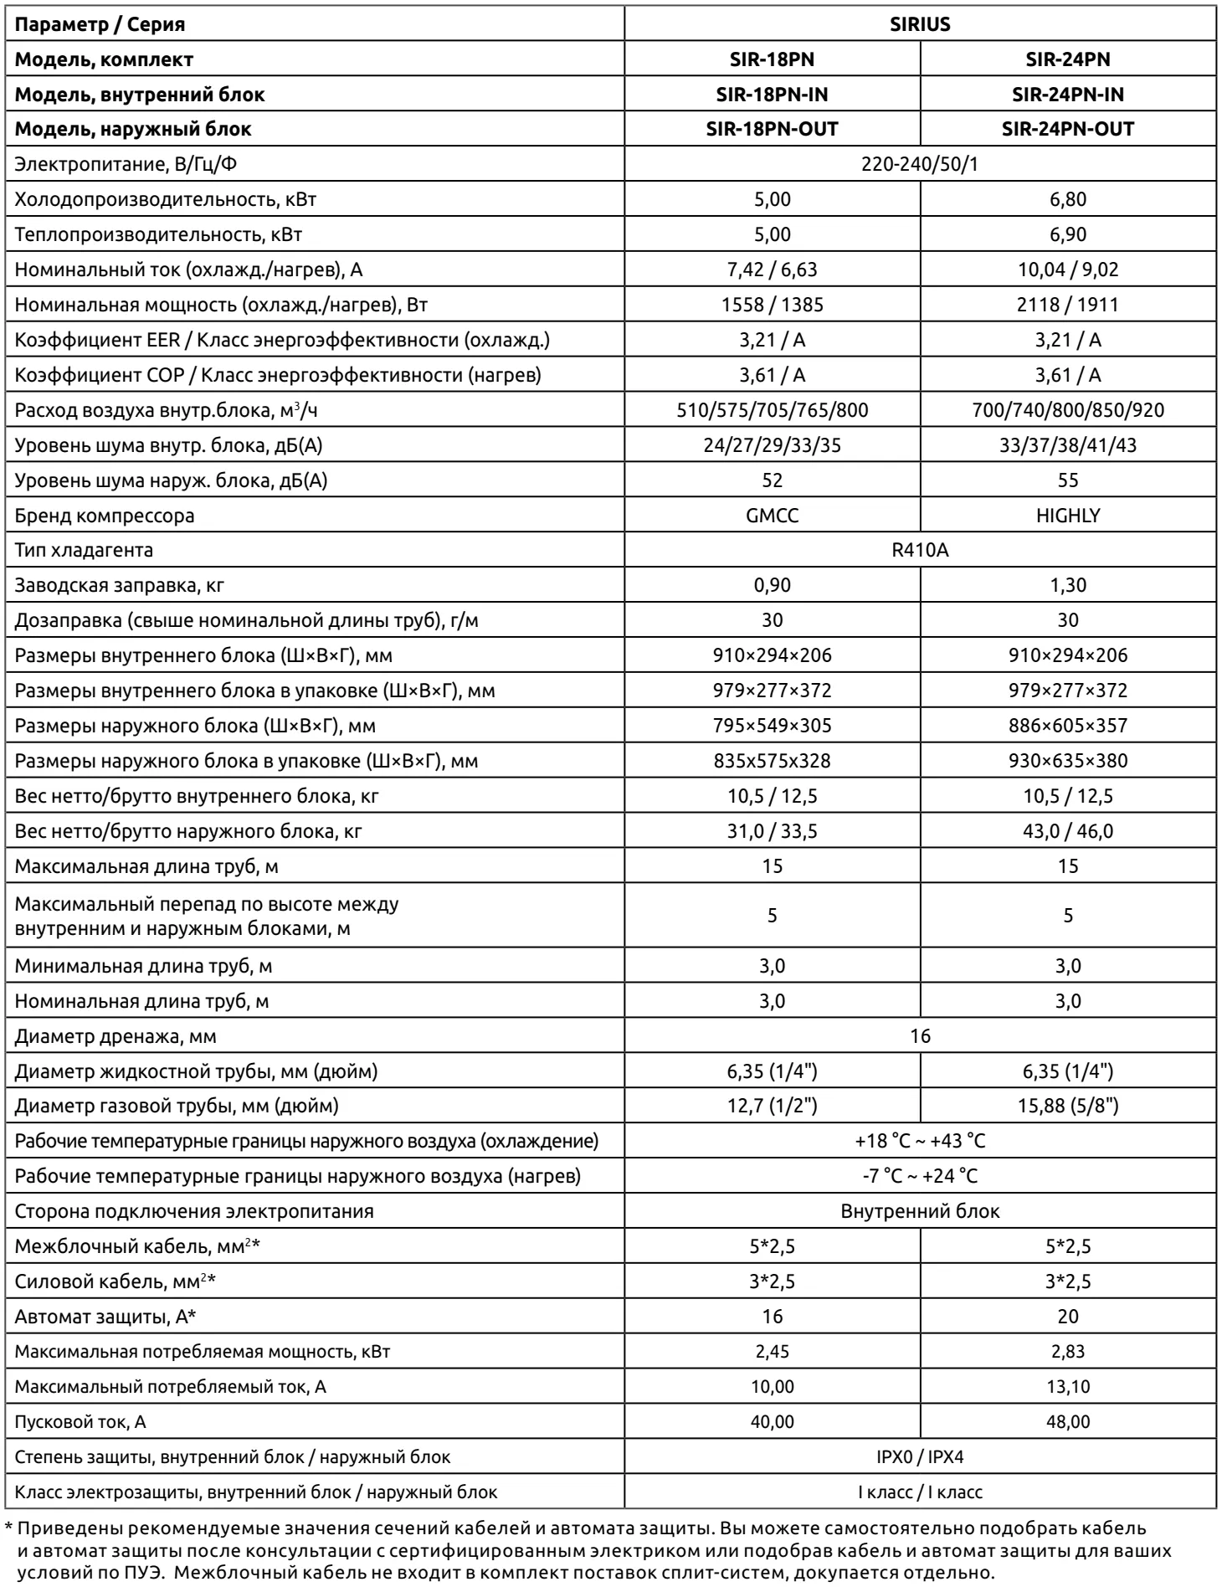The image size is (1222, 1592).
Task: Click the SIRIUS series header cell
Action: [920, 24]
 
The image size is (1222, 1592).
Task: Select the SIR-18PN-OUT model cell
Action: [772, 129]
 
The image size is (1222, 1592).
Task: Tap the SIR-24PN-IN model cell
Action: [1067, 95]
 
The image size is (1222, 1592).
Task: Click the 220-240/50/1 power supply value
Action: [920, 164]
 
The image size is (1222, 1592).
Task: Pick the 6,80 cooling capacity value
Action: [1067, 199]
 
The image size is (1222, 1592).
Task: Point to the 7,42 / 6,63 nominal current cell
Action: [772, 270]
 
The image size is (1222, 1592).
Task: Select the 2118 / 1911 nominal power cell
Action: [1067, 305]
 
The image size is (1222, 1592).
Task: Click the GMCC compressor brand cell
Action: [772, 516]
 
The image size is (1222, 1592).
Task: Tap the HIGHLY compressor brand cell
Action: [1067, 516]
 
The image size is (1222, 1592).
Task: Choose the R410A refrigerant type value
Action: [920, 551]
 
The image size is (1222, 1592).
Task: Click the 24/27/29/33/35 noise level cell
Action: [772, 445]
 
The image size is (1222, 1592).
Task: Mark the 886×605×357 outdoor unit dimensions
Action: [1067, 726]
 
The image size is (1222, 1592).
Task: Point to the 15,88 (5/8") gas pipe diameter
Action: [1067, 1107]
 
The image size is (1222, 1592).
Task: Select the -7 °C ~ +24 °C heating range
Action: [920, 1176]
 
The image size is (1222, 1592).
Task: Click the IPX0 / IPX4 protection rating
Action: [920, 1457]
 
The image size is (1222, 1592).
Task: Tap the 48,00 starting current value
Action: [1067, 1422]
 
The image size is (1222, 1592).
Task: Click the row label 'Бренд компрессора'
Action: [105, 516]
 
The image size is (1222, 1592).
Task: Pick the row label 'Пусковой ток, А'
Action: [80, 1422]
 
